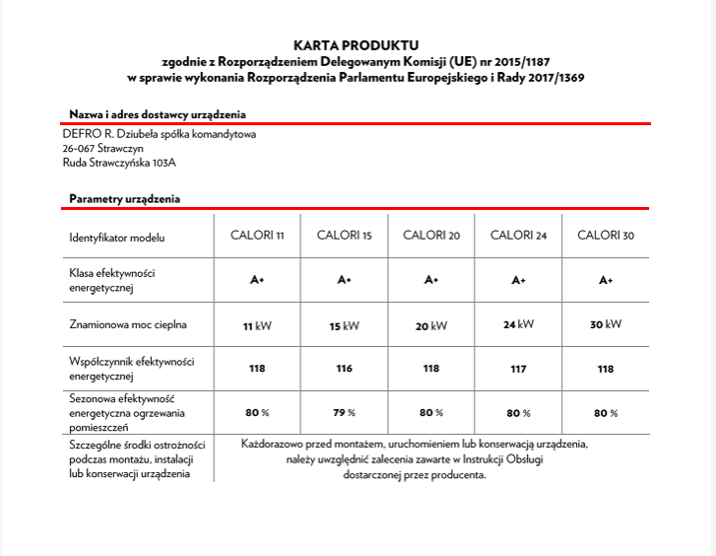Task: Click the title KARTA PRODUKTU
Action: [356, 44]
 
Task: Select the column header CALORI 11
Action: [257, 237]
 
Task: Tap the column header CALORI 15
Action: [344, 237]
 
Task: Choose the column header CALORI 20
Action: [431, 237]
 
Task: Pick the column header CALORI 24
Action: [518, 237]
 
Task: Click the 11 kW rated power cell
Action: [257, 325]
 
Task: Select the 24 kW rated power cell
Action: [518, 324]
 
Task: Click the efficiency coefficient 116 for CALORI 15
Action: [344, 369]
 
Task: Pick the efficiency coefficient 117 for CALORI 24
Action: [518, 369]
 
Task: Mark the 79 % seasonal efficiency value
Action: [344, 412]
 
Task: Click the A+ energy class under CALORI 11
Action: [257, 281]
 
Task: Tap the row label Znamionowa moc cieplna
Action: [128, 323]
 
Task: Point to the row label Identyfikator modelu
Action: [117, 238]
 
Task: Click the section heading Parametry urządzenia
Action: [124, 199]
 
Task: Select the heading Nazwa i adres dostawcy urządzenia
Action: [158, 114]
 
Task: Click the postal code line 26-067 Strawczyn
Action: [102, 148]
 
